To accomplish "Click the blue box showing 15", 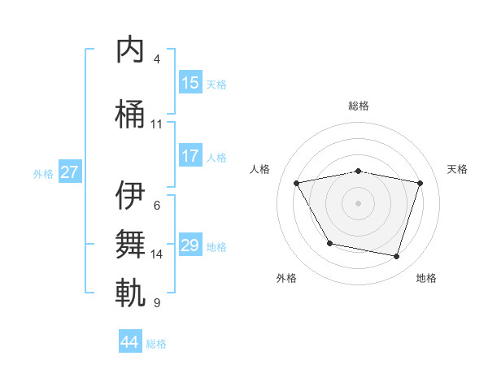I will click(190, 82).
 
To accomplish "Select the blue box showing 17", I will click(190, 155).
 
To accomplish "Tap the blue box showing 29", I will click(190, 245).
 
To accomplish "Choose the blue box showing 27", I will click(70, 171).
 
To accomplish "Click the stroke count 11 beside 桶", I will click(157, 124).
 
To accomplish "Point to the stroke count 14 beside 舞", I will click(157, 254).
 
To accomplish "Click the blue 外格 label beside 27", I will click(43, 173).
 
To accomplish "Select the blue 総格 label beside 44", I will click(156, 344).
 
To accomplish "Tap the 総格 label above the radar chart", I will click(359, 106).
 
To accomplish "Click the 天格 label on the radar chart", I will click(458, 169).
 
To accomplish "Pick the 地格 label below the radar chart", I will click(426, 278).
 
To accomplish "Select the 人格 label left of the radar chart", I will click(260, 169).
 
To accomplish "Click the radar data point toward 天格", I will click(420, 183).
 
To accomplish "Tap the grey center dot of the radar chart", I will click(359, 203).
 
